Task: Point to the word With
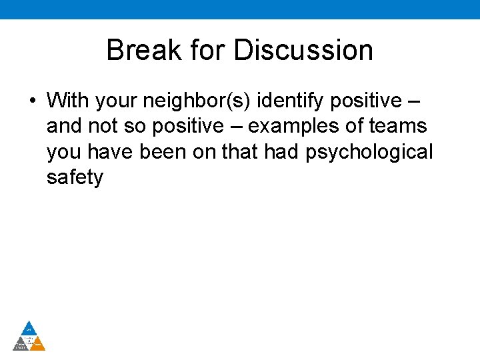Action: point(69,101)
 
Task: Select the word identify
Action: point(289,101)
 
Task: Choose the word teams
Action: point(400,127)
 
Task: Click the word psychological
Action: point(369,152)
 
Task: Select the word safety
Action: point(75,178)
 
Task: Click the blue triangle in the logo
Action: point(29,328)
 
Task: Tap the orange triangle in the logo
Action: point(38,344)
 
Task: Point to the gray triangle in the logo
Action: point(21,344)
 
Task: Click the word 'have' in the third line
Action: point(112,152)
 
